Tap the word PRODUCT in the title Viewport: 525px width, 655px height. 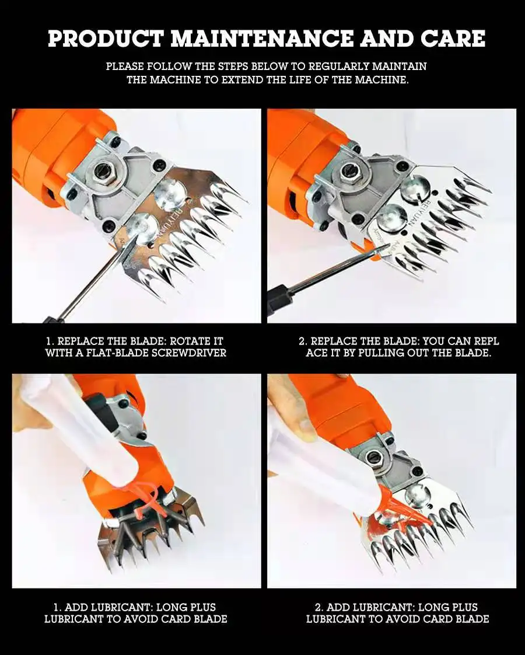click(x=106, y=39)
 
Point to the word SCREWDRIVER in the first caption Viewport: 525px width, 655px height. click(x=188, y=353)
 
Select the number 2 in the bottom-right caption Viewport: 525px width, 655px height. click(x=318, y=607)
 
